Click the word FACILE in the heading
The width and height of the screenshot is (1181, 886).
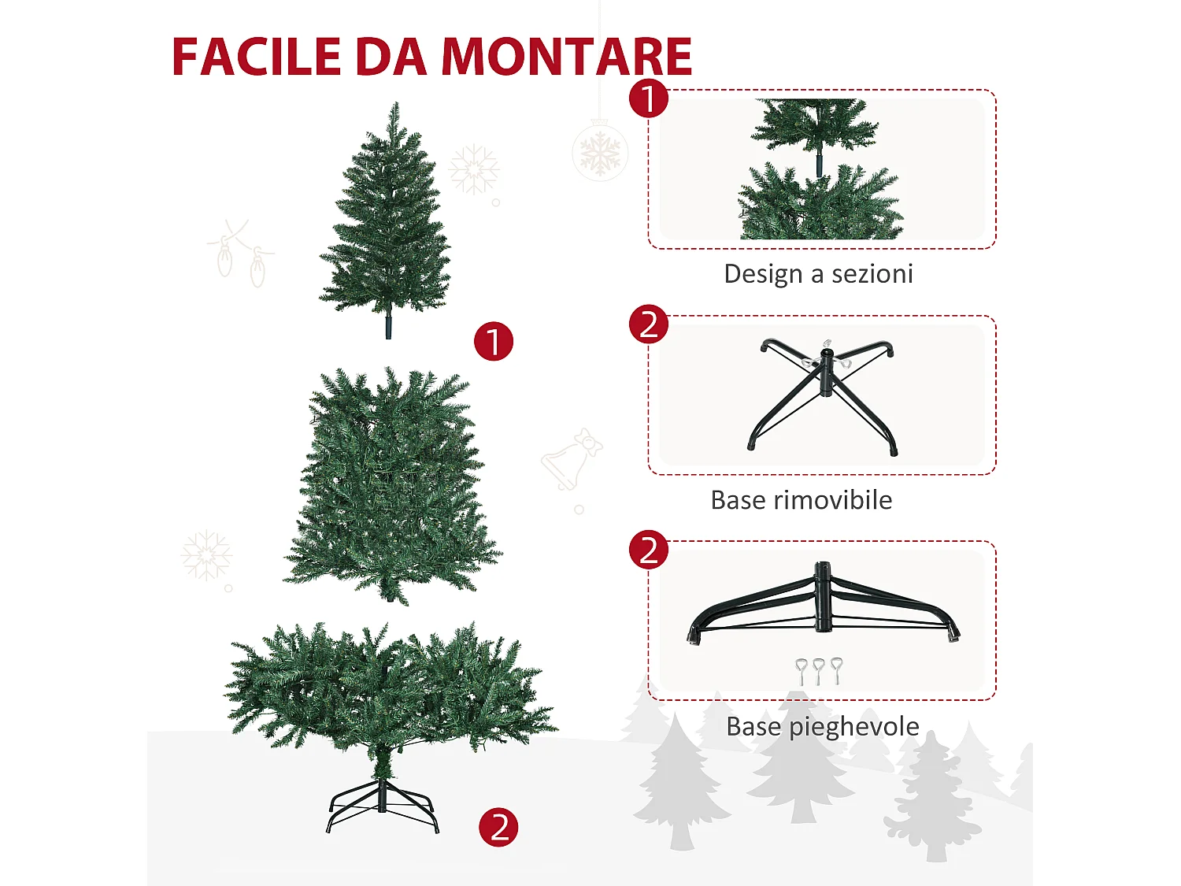257,57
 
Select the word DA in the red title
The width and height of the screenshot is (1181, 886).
391,57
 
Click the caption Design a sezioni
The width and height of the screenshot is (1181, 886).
818,274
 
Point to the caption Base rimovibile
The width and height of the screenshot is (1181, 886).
801,500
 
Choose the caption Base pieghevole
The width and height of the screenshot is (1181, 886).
822,726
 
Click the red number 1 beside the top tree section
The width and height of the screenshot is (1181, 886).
494,342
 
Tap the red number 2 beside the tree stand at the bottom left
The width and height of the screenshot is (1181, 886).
499,828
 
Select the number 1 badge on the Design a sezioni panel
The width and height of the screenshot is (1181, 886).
649,99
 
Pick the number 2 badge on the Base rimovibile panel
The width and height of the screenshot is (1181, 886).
649,324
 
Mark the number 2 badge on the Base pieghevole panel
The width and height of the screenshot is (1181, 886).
649,550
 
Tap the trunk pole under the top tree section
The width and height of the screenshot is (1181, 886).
388,326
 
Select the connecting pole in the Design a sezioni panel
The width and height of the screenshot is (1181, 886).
819,161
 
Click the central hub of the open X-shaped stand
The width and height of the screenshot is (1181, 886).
826,372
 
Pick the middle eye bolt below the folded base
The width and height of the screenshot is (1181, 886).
819,671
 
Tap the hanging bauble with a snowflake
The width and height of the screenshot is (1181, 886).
600,151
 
